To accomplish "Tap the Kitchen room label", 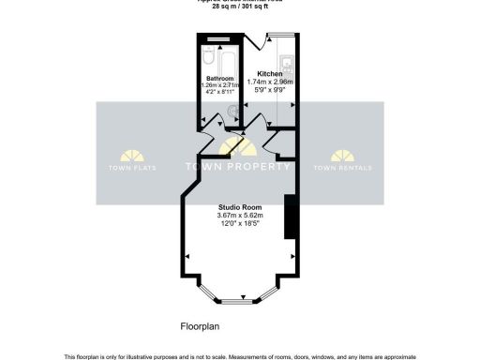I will [270, 73].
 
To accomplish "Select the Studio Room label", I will [240, 207].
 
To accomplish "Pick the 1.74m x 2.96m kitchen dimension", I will [270, 82].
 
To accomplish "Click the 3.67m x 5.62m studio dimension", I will [240, 217].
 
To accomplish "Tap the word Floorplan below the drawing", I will [199, 328].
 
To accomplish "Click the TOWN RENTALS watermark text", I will [342, 168].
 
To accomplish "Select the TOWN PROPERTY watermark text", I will [240, 167].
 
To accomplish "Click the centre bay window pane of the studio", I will [238, 301].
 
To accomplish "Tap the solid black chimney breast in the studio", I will [292, 217].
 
